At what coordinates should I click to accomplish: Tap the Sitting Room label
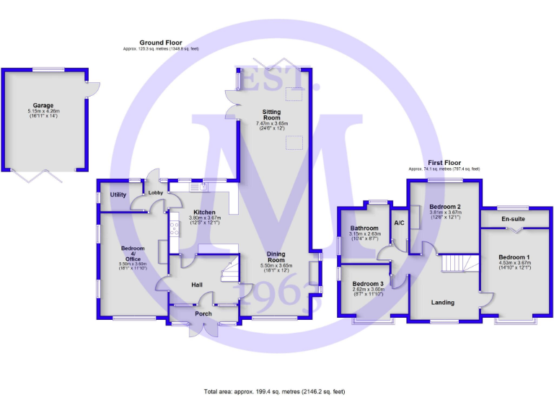point(271,113)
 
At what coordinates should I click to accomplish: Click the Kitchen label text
point(204,212)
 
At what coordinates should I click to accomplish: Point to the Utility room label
point(118,195)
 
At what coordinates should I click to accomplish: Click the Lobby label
point(155,193)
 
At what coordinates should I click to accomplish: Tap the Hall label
point(197,285)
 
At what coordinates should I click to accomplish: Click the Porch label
point(203,313)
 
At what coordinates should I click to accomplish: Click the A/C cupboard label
point(399,223)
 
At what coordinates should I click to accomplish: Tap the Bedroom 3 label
point(367,283)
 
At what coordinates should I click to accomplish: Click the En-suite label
point(513,218)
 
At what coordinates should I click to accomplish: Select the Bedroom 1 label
point(514,257)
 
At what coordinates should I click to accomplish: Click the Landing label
point(442,303)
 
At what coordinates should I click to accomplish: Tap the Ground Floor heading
point(160,43)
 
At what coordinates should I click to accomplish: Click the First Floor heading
point(444,164)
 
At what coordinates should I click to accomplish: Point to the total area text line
point(275,391)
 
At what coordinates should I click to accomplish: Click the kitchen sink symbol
point(198,188)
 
